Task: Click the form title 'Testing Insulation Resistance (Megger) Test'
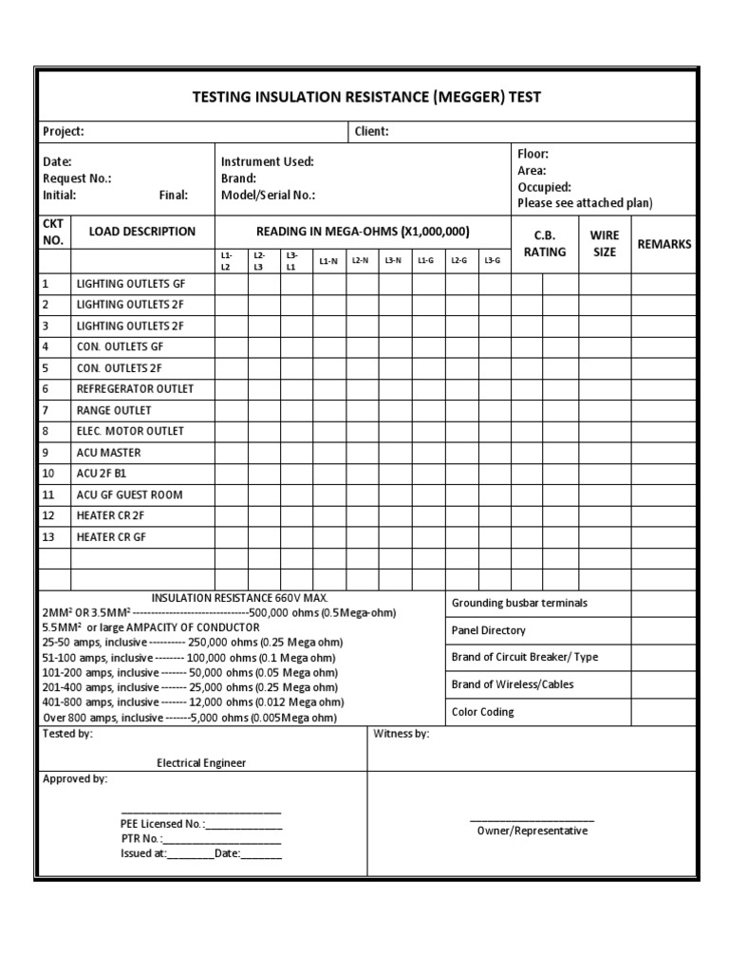(x=366, y=97)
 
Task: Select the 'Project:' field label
(x=64, y=132)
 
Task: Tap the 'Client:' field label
(x=371, y=132)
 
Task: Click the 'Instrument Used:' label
(x=267, y=162)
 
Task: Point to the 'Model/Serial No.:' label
(x=268, y=195)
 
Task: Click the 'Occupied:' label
(x=544, y=187)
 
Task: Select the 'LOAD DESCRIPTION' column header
(x=142, y=232)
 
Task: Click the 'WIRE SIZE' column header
(x=604, y=243)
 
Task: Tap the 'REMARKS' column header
(x=664, y=244)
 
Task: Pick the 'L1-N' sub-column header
(x=328, y=260)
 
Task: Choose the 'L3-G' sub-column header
(x=493, y=260)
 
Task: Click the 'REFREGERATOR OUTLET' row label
(x=135, y=389)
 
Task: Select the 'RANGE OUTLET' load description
(x=114, y=410)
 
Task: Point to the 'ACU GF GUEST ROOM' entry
(x=129, y=495)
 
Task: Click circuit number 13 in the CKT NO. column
(x=49, y=536)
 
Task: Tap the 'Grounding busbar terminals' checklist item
(x=519, y=603)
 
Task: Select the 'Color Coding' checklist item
(x=482, y=712)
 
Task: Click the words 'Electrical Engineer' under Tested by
(x=201, y=762)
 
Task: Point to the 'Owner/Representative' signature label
(x=532, y=831)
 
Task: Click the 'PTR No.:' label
(x=140, y=839)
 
